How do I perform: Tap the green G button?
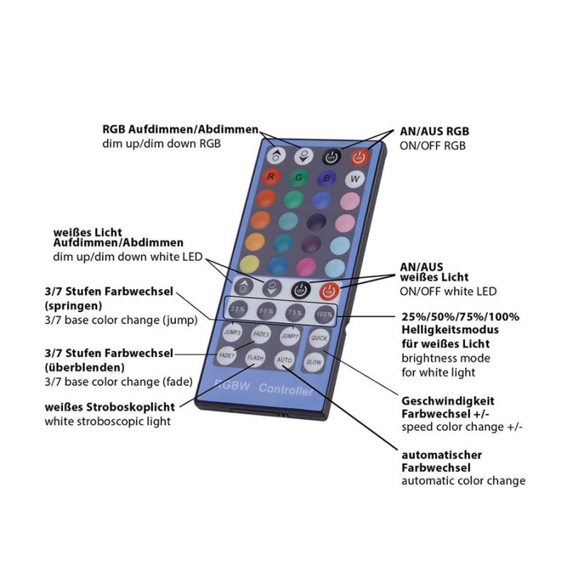point(300,176)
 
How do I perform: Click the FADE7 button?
point(227,354)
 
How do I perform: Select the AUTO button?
point(285,359)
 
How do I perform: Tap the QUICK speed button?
point(319,338)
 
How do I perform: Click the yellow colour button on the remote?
point(249,264)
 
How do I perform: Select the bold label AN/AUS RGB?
point(434,132)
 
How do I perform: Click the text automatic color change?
point(464,481)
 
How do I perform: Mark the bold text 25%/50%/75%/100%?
point(460,317)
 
